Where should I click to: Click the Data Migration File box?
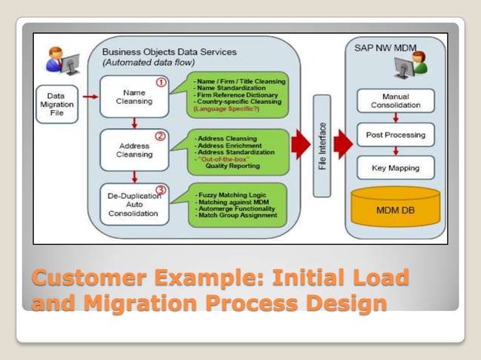pyautogui.click(x=56, y=105)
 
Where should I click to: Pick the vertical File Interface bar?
pyautogui.click(x=323, y=146)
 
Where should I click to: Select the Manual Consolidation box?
pyautogui.click(x=396, y=100)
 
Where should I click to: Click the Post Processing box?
pyautogui.click(x=396, y=135)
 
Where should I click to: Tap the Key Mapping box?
pyautogui.click(x=396, y=169)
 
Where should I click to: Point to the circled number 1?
pyautogui.click(x=160, y=81)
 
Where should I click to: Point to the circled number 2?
pyautogui.click(x=160, y=136)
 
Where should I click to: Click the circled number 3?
pyautogui.click(x=160, y=189)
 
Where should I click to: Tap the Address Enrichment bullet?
pyautogui.click(x=229, y=145)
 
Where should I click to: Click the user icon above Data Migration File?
pyautogui.click(x=59, y=60)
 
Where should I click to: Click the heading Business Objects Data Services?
pyautogui.click(x=169, y=52)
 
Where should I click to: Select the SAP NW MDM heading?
pyautogui.click(x=384, y=47)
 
